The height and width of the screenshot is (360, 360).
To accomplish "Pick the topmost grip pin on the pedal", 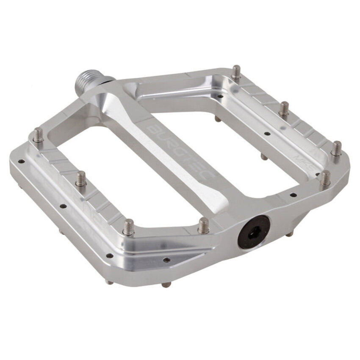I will click(237, 72).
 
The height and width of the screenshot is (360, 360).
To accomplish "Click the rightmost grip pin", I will click(337, 148).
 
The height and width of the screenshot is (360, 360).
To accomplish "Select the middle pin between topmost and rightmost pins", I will click(284, 109).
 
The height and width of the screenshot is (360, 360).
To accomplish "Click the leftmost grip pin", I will click(39, 135).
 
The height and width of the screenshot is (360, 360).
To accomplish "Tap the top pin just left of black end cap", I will click(204, 225).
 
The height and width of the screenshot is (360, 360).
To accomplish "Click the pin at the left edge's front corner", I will click(129, 227).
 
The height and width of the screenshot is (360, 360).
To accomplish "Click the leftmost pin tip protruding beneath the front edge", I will click(109, 281).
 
